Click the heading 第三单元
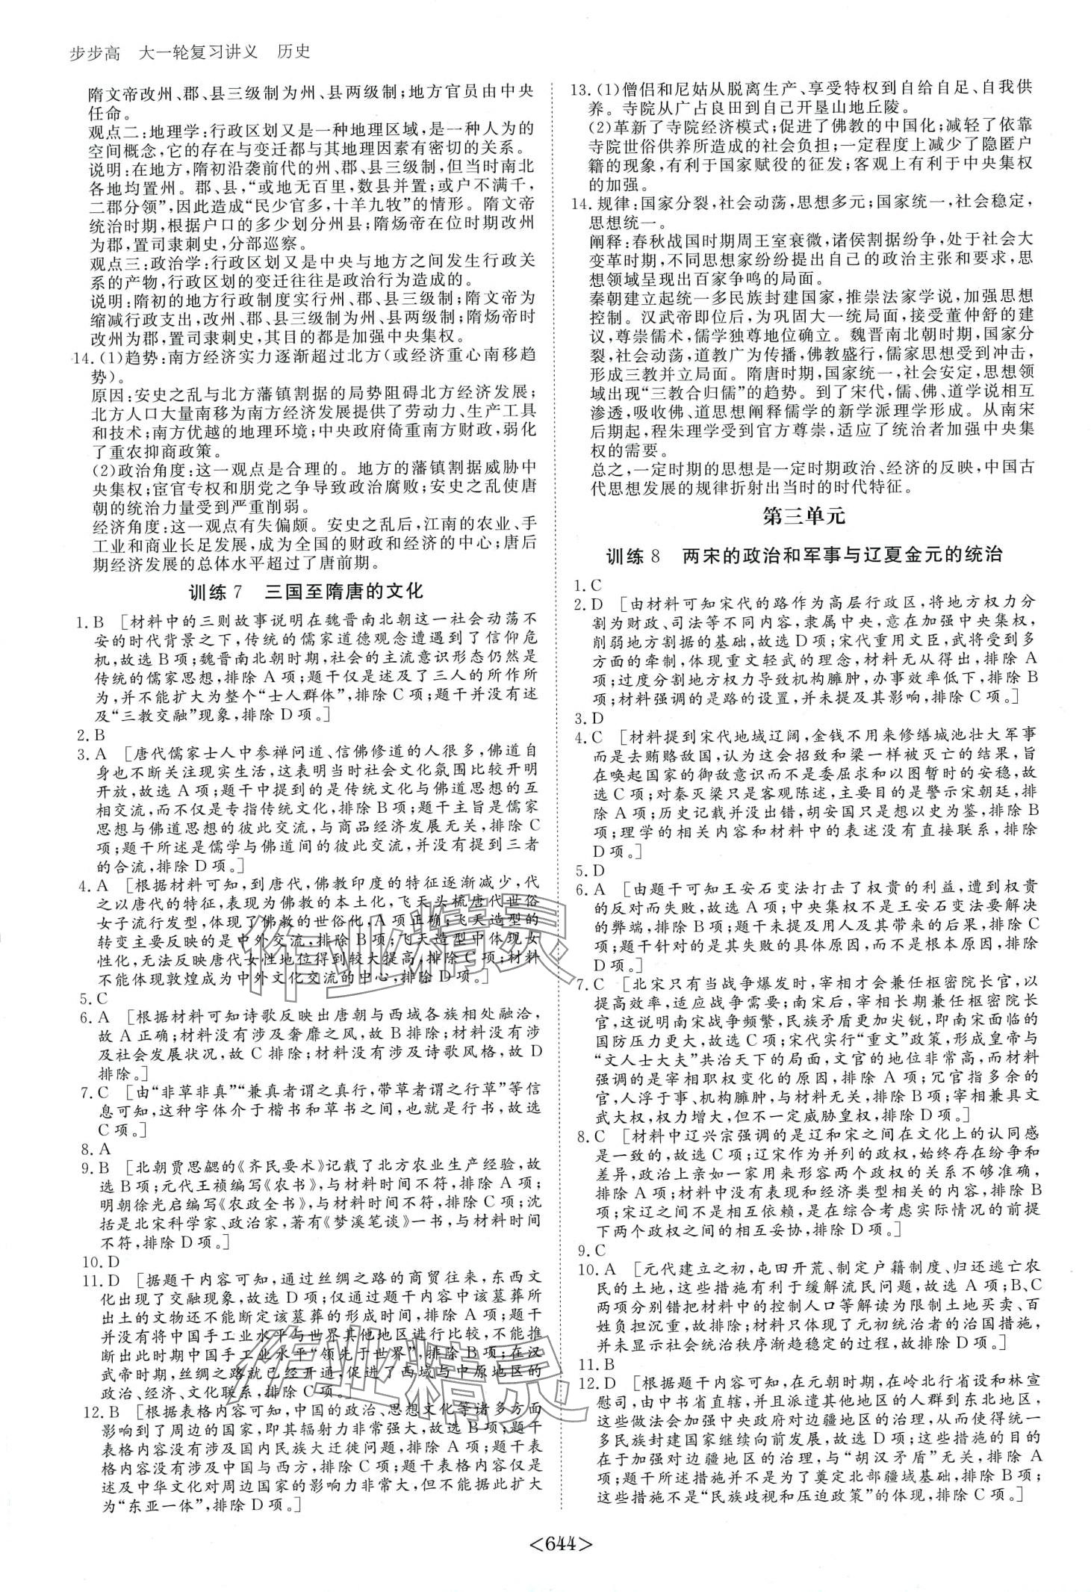click(806, 516)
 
